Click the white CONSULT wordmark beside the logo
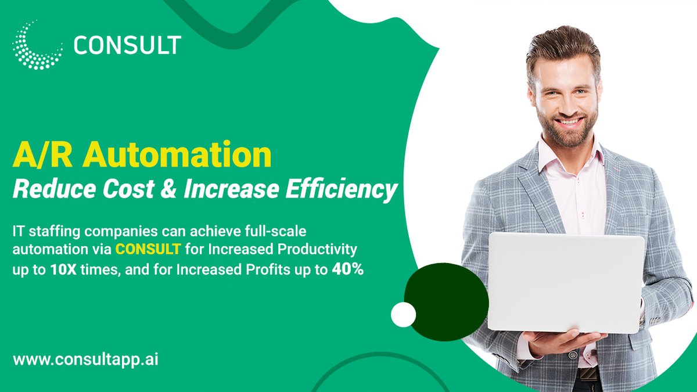pos(127,45)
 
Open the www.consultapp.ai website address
pos(85,359)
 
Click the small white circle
pos(403,315)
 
